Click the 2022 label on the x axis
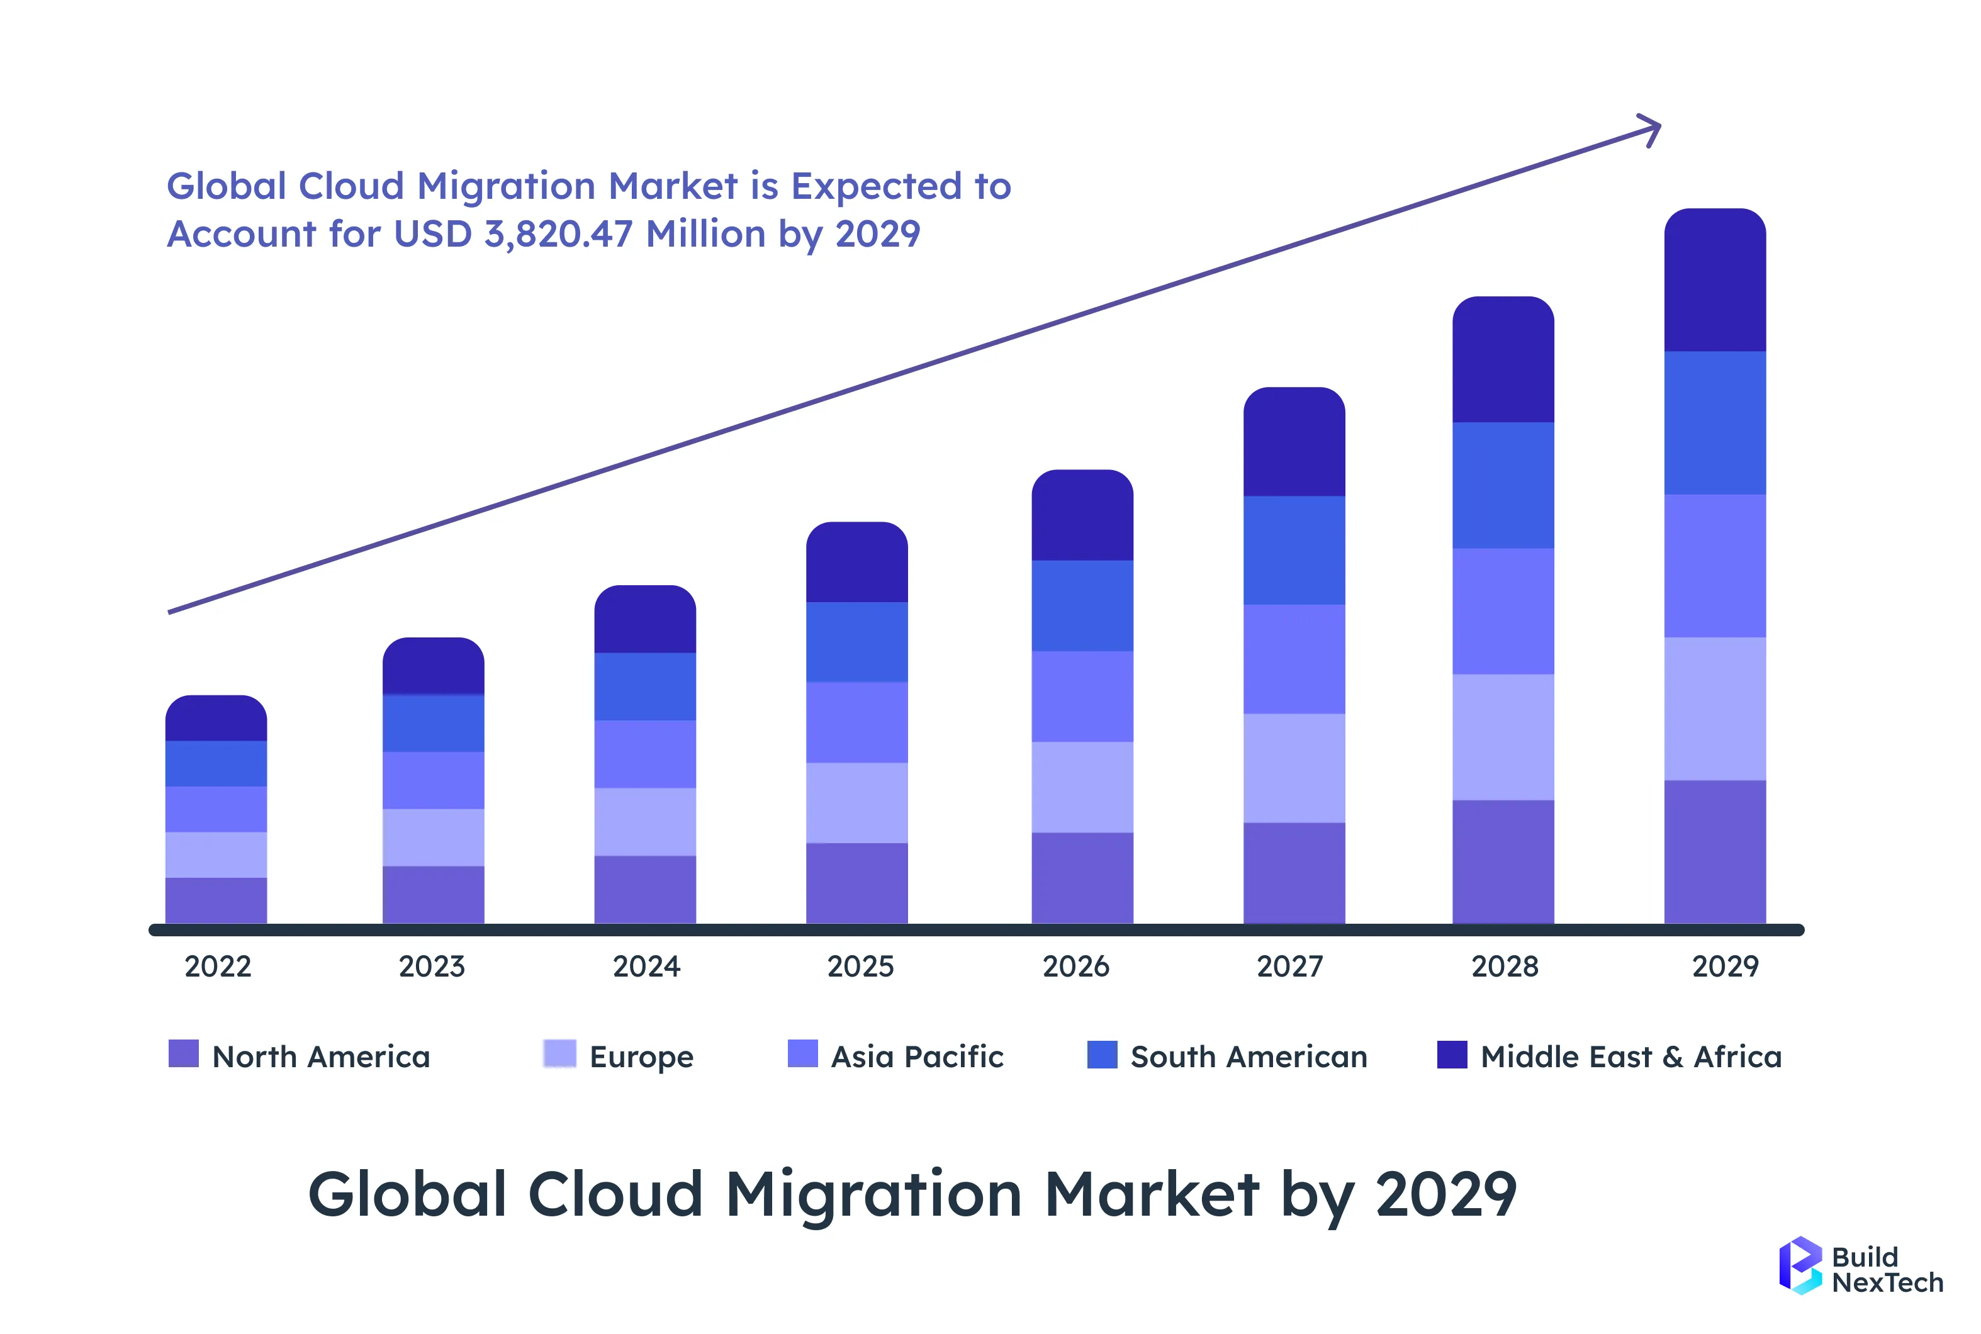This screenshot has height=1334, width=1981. [218, 967]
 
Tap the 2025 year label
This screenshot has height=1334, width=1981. [860, 967]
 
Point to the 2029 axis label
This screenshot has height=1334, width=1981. [1724, 967]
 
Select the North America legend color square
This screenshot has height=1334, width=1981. [184, 1054]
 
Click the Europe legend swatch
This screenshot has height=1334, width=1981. [559, 1054]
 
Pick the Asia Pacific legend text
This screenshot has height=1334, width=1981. [917, 1057]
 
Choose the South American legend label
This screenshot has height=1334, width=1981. [1249, 1057]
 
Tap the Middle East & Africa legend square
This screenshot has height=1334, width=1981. [1452, 1054]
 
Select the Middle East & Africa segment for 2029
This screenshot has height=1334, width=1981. [1715, 281]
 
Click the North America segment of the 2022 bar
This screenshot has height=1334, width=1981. [216, 900]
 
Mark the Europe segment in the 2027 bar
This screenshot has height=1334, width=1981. [1294, 768]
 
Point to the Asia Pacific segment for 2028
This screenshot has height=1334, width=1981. [1503, 611]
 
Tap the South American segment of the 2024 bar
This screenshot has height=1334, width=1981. [645, 687]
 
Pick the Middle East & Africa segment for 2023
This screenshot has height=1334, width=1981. [433, 666]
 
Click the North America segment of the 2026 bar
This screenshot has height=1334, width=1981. [1082, 878]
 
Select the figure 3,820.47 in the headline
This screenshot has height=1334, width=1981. [558, 234]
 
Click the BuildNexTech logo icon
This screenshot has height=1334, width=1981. [1800, 1265]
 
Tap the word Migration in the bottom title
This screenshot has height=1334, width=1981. [873, 1194]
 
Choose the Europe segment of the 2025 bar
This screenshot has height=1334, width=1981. [856, 802]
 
